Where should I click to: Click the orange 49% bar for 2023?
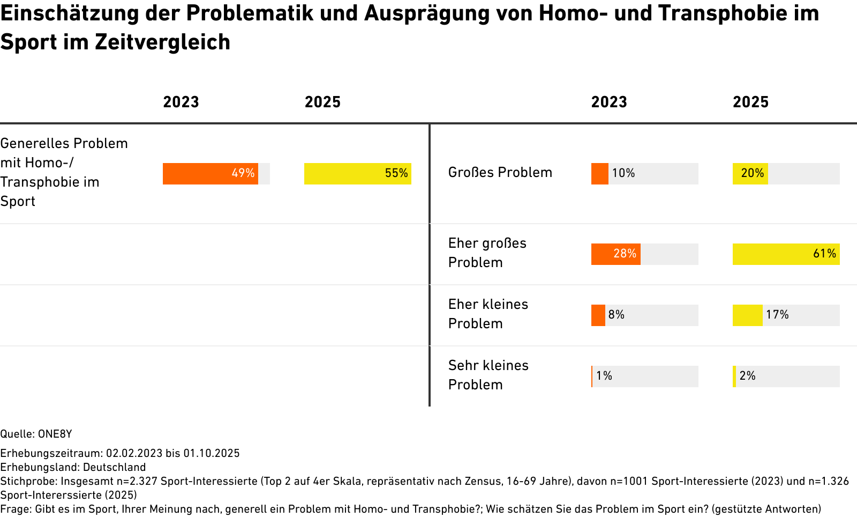211,174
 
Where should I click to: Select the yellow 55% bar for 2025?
358,174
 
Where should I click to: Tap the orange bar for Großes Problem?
599,174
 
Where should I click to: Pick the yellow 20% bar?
750,174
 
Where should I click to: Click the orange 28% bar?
616,254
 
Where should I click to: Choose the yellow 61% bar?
786,254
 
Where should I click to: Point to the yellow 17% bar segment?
748,315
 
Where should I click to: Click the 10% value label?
623,173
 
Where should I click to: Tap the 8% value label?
617,315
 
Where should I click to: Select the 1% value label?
604,376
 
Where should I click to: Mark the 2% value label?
748,376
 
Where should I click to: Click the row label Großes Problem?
500,173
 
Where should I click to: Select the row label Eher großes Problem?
487,253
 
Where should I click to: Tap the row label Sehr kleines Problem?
488,375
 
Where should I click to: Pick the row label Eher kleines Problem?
488,314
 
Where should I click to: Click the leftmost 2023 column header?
181,102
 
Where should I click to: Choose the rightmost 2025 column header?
750,102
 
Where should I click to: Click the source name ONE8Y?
55,434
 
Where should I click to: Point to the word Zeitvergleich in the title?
163,42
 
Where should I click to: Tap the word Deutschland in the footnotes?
115,467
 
